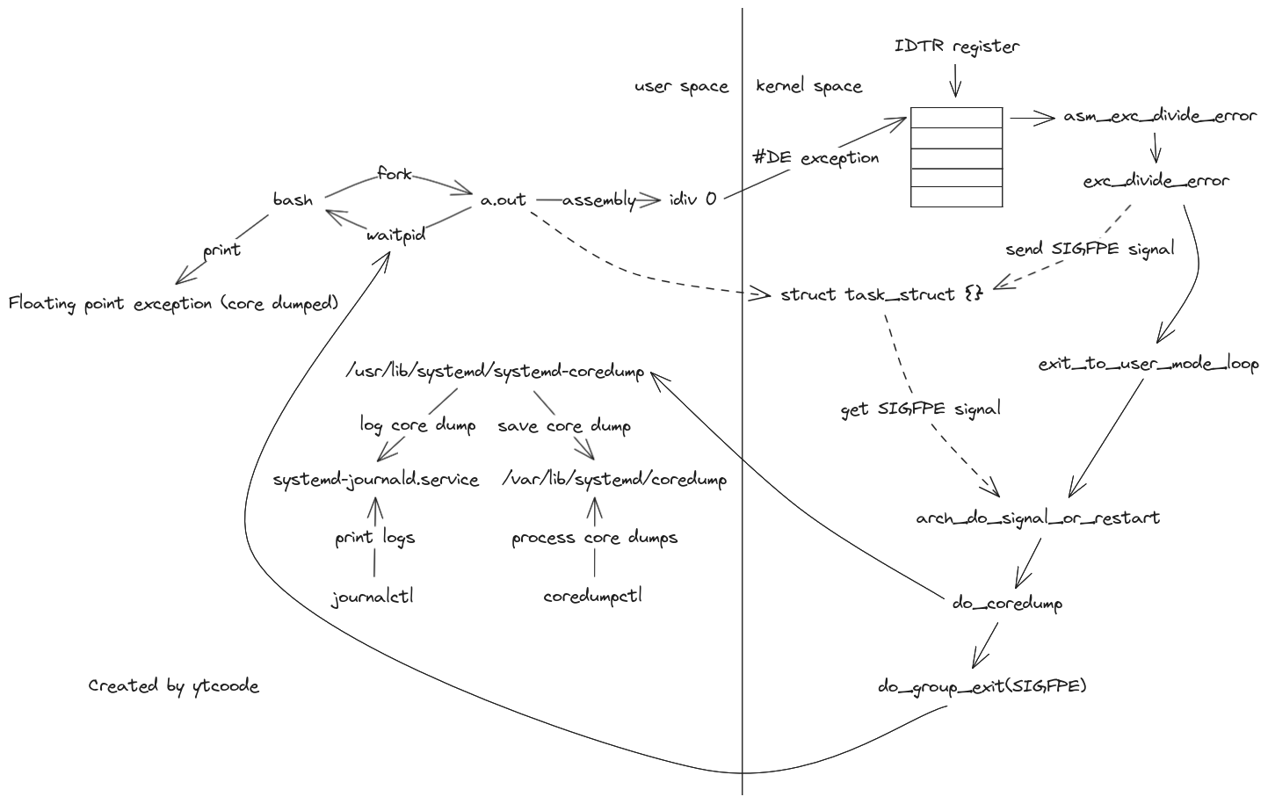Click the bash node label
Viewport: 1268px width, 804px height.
[x=293, y=200]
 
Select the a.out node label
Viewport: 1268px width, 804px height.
[x=504, y=200]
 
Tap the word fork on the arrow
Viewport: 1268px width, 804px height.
[x=395, y=174]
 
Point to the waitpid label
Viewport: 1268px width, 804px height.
[x=396, y=235]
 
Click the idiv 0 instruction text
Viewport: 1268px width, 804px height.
[x=692, y=199]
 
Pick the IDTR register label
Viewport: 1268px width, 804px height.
[x=957, y=47]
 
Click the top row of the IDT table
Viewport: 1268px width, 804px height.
[x=956, y=118]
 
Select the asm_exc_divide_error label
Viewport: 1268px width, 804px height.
[x=1160, y=116]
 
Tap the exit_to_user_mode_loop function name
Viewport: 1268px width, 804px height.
[x=1148, y=364]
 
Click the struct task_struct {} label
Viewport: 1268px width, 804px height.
[x=881, y=294]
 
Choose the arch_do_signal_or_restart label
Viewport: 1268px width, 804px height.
[x=1038, y=518]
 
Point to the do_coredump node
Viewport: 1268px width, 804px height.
[x=1008, y=604]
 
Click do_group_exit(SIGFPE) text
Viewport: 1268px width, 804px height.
[x=982, y=686]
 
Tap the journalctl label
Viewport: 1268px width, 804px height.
[x=373, y=598]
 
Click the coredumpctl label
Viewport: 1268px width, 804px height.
[x=592, y=596]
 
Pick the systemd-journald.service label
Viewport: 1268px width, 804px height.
[x=376, y=480]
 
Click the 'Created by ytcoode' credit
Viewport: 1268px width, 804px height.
[x=174, y=686]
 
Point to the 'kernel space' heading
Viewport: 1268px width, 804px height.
[x=808, y=87]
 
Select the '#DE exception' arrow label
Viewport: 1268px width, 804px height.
[x=816, y=158]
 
